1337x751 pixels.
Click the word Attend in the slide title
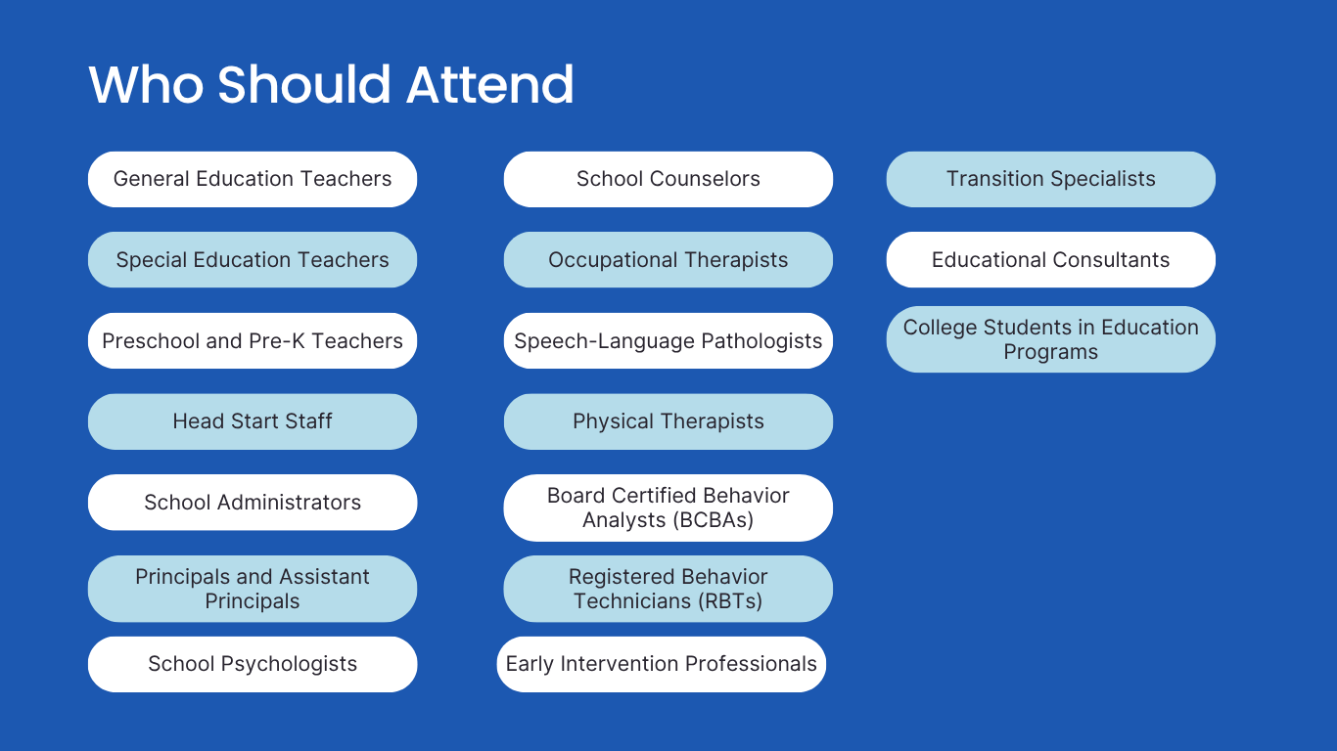tap(489, 85)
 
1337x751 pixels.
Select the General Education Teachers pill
tap(253, 179)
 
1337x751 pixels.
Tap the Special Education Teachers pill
tap(253, 260)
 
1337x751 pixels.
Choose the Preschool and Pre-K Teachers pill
tap(253, 340)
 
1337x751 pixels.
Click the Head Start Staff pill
tap(253, 421)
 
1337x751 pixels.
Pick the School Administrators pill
tap(253, 503)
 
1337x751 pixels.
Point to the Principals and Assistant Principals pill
tap(253, 589)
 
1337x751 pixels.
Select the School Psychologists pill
tap(253, 664)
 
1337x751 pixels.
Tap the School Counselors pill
tap(668, 179)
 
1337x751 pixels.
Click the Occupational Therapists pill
tap(668, 260)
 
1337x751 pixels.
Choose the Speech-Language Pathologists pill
tap(668, 340)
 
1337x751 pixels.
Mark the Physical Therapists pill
tap(668, 421)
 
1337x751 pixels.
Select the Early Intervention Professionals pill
tap(662, 664)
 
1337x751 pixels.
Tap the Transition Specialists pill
tap(1050, 179)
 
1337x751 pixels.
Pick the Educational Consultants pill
tap(1050, 260)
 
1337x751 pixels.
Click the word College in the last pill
tap(940, 329)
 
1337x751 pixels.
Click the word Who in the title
tap(146, 85)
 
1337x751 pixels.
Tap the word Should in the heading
tap(303, 85)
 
